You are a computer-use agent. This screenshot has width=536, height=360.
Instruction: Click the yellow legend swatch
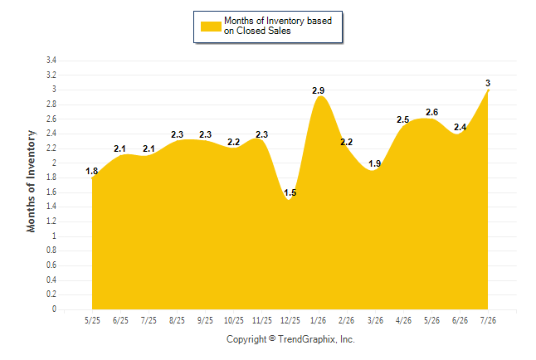pos(211,27)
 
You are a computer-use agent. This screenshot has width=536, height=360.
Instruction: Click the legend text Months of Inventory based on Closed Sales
pos(278,26)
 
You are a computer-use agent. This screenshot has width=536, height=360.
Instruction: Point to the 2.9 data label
pos(319,90)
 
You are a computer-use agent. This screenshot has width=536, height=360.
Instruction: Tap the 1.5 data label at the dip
pos(290,192)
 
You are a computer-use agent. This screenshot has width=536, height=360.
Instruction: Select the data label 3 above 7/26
pos(488,83)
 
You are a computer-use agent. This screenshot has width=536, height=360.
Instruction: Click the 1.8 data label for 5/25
pos(91,171)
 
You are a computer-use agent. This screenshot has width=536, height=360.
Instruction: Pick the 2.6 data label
pos(431,112)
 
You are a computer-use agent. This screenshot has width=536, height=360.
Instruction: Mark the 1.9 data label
pos(375,163)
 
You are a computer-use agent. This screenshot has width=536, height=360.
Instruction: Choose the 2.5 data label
pos(403,119)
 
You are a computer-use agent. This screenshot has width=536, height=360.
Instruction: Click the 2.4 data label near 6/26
pos(460,127)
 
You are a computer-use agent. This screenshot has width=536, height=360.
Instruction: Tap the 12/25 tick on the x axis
pos(290,320)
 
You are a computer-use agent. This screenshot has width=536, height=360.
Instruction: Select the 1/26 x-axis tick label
pos(319,320)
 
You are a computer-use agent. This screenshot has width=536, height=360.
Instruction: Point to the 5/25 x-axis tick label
pos(92,320)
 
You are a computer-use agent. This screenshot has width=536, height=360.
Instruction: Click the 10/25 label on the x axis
pos(234,320)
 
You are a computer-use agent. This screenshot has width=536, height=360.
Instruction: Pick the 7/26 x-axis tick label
pos(488,320)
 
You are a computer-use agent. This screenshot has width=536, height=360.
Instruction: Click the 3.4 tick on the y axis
pos(51,61)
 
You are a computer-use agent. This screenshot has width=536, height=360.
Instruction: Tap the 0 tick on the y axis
pos(54,309)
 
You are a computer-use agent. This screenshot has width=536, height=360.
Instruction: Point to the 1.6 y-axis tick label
pos(51,192)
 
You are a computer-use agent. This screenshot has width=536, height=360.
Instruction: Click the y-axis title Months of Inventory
pos(31,181)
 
